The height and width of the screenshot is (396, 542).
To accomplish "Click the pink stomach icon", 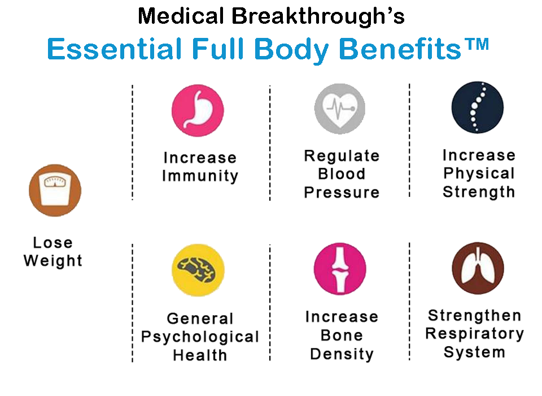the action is point(198,110).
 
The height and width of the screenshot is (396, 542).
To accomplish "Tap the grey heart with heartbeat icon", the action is point(340,109).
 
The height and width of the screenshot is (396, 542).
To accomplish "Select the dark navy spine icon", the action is point(478,107).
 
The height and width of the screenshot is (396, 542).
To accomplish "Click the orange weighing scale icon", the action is point(55,190).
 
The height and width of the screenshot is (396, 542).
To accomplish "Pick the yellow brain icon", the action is point(198,270).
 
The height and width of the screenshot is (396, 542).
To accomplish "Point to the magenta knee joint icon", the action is point(340,269).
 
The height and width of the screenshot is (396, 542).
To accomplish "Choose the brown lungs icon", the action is point(478,268).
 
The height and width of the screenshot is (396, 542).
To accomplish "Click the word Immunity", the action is point(200,175).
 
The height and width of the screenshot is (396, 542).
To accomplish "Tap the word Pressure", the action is point(342,192).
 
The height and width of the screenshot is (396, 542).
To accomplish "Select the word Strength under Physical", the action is point(479,192).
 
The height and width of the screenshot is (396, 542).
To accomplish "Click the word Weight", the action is point(53,261).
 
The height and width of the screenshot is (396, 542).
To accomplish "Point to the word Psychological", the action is point(200,337).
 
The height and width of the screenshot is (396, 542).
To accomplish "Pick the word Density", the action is point(342,354).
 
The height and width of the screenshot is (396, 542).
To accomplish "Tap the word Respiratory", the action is point(475,334).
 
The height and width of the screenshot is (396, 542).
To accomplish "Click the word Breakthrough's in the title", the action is point(318,16).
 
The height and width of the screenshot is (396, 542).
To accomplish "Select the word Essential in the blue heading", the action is point(115,49).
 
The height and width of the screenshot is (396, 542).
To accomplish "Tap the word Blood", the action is point(342,174).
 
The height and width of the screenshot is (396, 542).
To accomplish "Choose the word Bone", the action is point(342,335).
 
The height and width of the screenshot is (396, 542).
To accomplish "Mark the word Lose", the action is point(53,243).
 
